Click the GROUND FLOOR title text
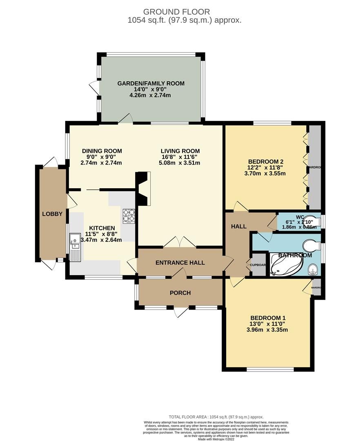click(180, 12)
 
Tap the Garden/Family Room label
click(151, 83)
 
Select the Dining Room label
click(102, 151)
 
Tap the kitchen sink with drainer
click(76, 247)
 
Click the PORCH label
click(180, 293)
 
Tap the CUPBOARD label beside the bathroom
click(258, 265)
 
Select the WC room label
click(300, 216)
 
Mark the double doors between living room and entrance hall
click(180, 243)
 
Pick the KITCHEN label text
click(100, 228)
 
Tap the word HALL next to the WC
click(239, 226)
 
